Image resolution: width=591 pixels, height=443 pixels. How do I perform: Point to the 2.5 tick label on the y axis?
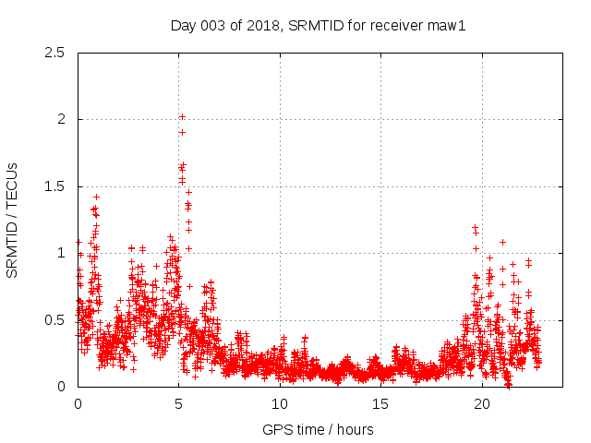(55, 53)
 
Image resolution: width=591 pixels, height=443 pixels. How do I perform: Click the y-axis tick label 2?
(62, 120)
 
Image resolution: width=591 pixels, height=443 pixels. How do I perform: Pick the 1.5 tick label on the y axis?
(55, 186)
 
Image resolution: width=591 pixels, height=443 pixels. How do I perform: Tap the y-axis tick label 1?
(62, 254)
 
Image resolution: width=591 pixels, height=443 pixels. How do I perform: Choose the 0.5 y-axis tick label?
(55, 320)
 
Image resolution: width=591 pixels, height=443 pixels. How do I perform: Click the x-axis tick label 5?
(179, 404)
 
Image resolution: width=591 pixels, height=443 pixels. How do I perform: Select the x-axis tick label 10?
(280, 404)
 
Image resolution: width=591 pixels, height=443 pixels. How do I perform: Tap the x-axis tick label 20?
(482, 404)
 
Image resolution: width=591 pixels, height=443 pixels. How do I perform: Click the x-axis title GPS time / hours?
(318, 429)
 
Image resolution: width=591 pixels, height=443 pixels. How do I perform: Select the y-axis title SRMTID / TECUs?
(13, 220)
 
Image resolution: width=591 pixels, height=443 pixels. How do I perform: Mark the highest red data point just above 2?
(183, 116)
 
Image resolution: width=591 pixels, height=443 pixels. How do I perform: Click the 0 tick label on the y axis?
(62, 387)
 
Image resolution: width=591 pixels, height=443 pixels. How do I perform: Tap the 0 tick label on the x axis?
(78, 404)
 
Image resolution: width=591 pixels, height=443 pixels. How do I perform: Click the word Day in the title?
(183, 26)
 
